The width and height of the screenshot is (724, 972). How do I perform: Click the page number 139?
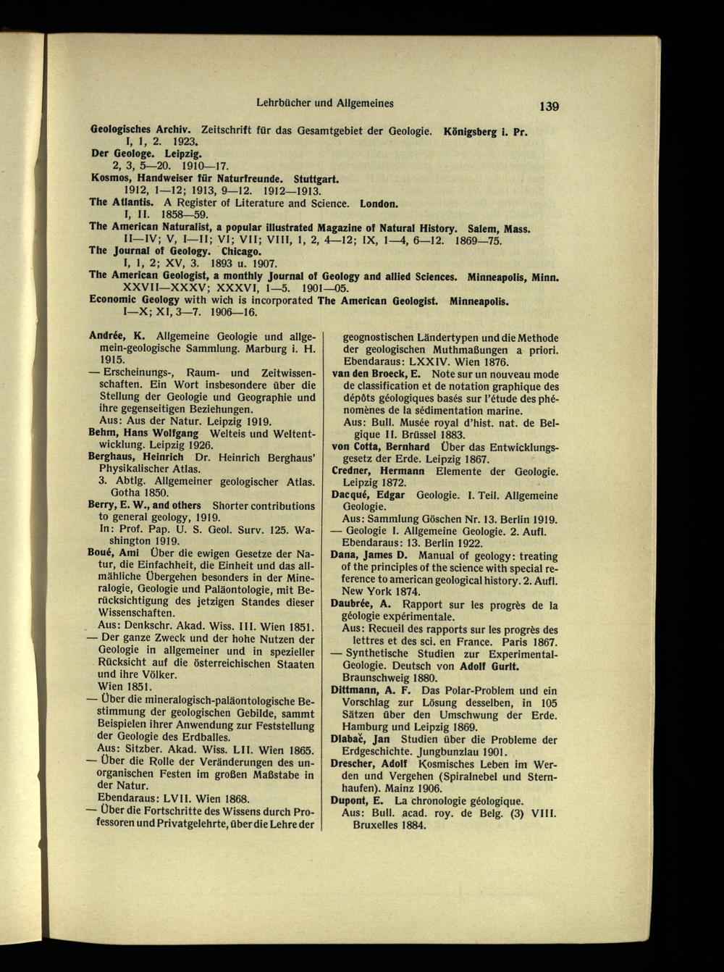pos(548,106)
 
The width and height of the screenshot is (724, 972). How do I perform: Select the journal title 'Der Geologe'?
pos(120,154)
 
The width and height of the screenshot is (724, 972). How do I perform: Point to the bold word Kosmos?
pos(109,177)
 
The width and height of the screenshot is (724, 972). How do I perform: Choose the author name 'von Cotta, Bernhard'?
pos(381,447)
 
